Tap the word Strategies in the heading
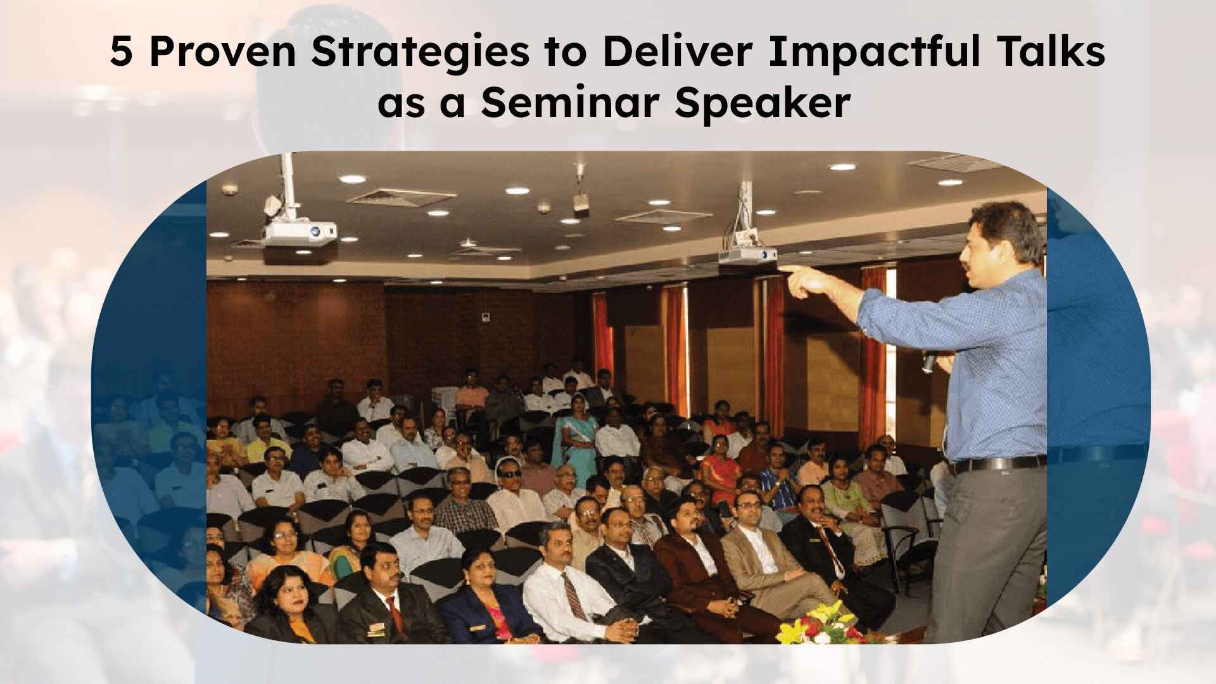(x=421, y=53)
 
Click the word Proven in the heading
(x=223, y=53)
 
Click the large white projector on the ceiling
(x=299, y=234)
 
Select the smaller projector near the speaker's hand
(x=748, y=255)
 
